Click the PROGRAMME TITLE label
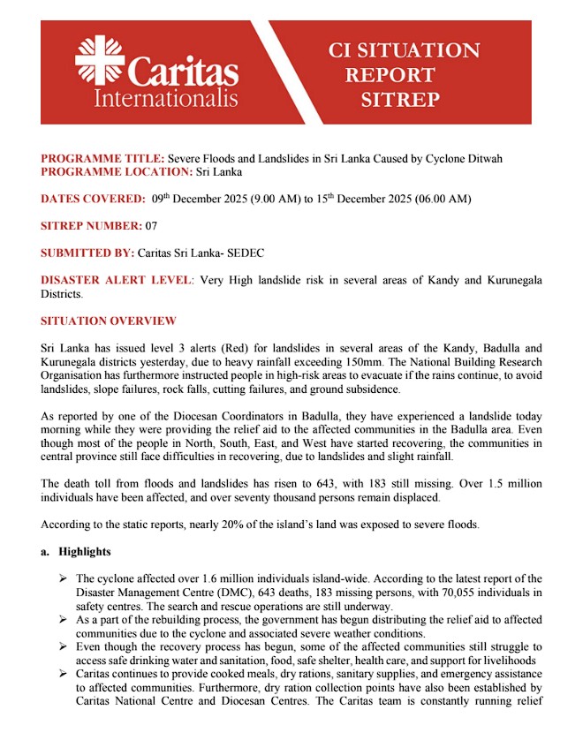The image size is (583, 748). tap(102, 158)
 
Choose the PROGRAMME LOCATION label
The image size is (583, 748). tap(116, 171)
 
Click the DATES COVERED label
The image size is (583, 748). tap(93, 200)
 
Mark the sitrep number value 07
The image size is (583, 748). tap(151, 226)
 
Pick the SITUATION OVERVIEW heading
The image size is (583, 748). tap(109, 321)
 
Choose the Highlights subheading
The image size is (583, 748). tap(85, 552)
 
